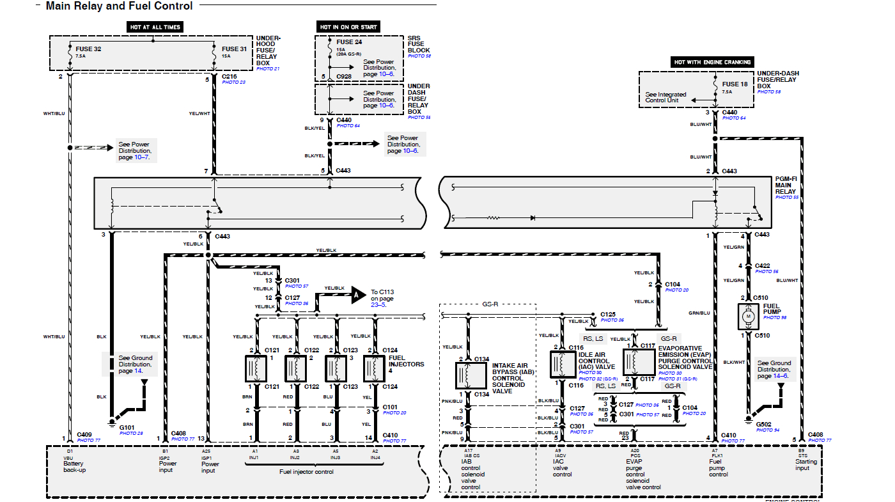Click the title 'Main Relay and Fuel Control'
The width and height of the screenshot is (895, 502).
click(119, 6)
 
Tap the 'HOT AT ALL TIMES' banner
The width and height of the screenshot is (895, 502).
click(155, 27)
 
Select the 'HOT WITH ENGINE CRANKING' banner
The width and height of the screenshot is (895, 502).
click(713, 62)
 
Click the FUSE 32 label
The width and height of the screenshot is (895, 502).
click(88, 49)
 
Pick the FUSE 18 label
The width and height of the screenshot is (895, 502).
click(735, 84)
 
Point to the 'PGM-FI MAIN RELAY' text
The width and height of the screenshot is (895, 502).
click(786, 185)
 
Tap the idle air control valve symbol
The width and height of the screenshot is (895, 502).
click(562, 363)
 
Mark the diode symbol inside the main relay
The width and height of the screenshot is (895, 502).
click(532, 218)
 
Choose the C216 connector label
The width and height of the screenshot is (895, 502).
click(230, 76)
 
